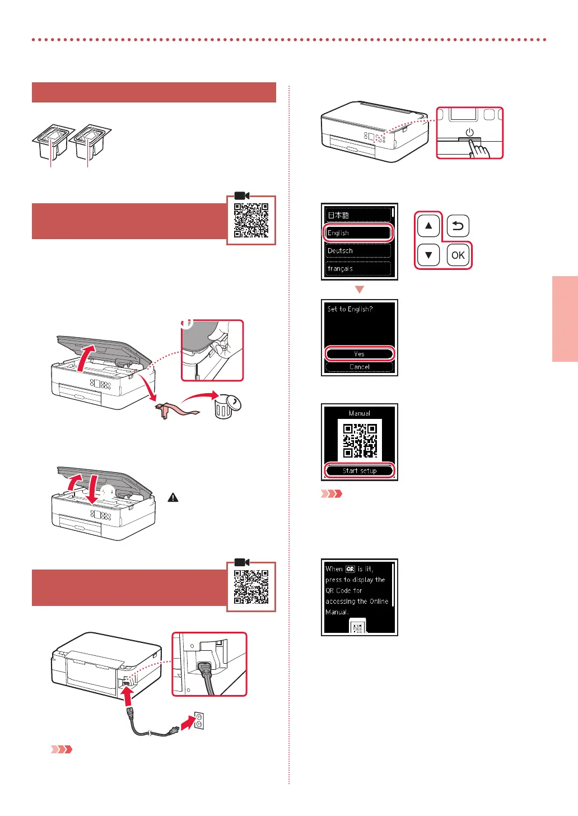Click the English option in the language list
coord(358,232)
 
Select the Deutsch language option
coord(358,250)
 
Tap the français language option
coord(358,268)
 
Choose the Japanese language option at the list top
coord(358,215)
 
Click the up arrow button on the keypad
coord(428,226)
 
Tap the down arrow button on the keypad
coord(428,255)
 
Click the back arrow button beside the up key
coord(458,226)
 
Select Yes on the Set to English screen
coord(360,353)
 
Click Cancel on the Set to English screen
coord(360,367)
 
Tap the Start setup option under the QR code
coord(360,470)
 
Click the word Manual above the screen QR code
coord(360,413)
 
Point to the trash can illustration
coord(226,405)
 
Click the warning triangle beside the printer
coord(173,497)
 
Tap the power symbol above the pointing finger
coord(469,132)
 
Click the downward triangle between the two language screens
coord(360,290)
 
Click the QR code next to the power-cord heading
coord(251,586)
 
